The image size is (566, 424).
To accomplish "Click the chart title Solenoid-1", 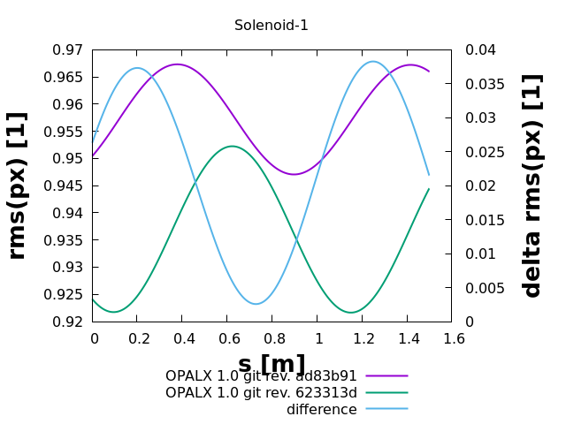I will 272,26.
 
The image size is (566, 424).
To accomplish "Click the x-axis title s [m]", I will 272,364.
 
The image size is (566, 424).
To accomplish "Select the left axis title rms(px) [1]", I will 18,185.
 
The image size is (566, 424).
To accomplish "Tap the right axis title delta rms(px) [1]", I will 532,185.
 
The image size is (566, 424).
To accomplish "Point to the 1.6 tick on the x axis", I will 452,338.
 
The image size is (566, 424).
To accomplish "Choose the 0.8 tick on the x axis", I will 272,338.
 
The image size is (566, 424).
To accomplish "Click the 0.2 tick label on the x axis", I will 138,338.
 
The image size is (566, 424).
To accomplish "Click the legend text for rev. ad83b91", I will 261,375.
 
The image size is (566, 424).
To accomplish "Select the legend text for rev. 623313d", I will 261,392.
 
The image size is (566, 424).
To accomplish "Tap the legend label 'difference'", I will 322,409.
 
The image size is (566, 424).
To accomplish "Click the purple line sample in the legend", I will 387,375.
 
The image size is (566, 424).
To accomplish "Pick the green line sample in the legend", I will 387,392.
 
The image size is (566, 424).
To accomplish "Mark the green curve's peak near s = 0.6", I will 232,147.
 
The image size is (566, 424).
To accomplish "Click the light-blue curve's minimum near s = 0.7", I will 256,304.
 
